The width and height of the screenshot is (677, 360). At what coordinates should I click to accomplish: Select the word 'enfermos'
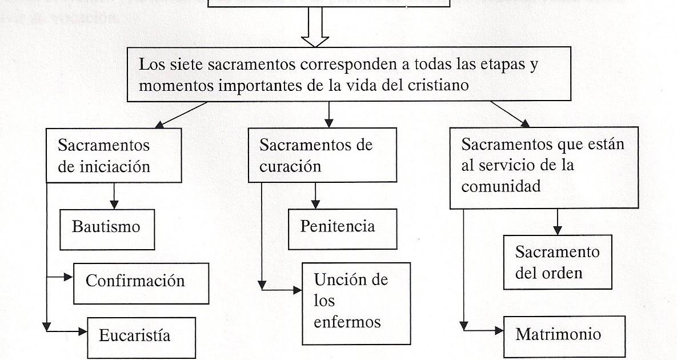click(x=347, y=322)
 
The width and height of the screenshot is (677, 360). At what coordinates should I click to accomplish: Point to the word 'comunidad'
click(x=501, y=186)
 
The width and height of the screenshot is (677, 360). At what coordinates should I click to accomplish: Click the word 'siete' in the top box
click(x=190, y=64)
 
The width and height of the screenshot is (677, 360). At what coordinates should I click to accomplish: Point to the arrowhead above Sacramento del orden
click(x=558, y=230)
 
